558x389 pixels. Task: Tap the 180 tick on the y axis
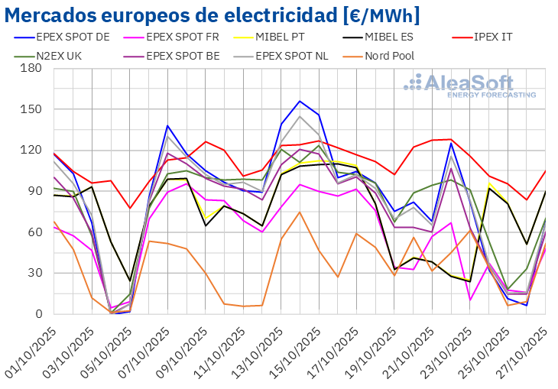click(x=31, y=68)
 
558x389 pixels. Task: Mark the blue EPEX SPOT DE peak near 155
click(x=300, y=101)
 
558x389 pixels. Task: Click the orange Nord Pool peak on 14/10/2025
click(x=300, y=212)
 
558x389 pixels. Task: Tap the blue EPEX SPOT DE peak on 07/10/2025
click(x=167, y=125)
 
